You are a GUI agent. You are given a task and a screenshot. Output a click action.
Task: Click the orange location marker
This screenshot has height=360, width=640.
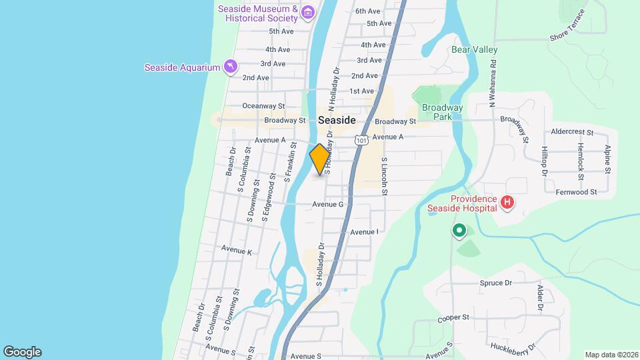tap(319, 159)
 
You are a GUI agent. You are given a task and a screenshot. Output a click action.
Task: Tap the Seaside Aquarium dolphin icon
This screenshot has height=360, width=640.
tap(230, 67)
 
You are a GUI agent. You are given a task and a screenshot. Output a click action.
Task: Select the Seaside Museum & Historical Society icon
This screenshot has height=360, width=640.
tap(307, 12)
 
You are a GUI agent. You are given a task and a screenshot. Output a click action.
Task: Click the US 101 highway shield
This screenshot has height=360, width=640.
tap(361, 140)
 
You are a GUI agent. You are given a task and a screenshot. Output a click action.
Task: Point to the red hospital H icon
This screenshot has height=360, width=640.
tap(507, 202)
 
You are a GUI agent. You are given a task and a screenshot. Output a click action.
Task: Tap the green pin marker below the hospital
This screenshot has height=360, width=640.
tap(459, 231)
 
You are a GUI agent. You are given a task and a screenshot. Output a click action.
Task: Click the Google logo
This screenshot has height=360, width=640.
tap(22, 352)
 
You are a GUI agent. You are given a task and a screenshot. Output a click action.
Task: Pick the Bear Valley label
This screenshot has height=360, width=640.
tap(475, 49)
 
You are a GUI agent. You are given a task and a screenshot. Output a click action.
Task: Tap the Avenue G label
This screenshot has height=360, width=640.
tap(327, 204)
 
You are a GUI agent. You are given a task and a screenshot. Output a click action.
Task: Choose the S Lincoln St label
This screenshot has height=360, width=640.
tap(385, 177)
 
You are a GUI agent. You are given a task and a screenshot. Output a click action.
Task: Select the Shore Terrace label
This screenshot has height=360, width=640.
tap(567, 25)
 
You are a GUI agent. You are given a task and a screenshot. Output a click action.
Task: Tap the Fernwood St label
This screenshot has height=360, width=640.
tap(576, 192)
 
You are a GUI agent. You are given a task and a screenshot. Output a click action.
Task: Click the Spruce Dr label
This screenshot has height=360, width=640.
tap(495, 283)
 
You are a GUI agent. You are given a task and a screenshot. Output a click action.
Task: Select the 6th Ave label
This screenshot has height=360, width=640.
tap(367, 11)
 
